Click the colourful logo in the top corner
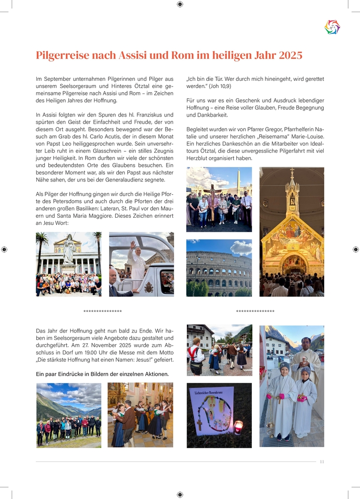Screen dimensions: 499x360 (x=332, y=27)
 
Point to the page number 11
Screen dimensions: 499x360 (x=322, y=461)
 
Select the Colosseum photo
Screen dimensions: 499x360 (x=219, y=268)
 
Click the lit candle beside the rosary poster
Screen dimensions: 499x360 (x=238, y=428)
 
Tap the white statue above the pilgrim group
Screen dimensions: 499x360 (x=69, y=250)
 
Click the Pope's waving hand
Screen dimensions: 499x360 (x=133, y=245)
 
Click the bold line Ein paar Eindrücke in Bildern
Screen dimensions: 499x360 (x=102, y=374)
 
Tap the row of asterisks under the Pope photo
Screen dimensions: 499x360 (x=103, y=311)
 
